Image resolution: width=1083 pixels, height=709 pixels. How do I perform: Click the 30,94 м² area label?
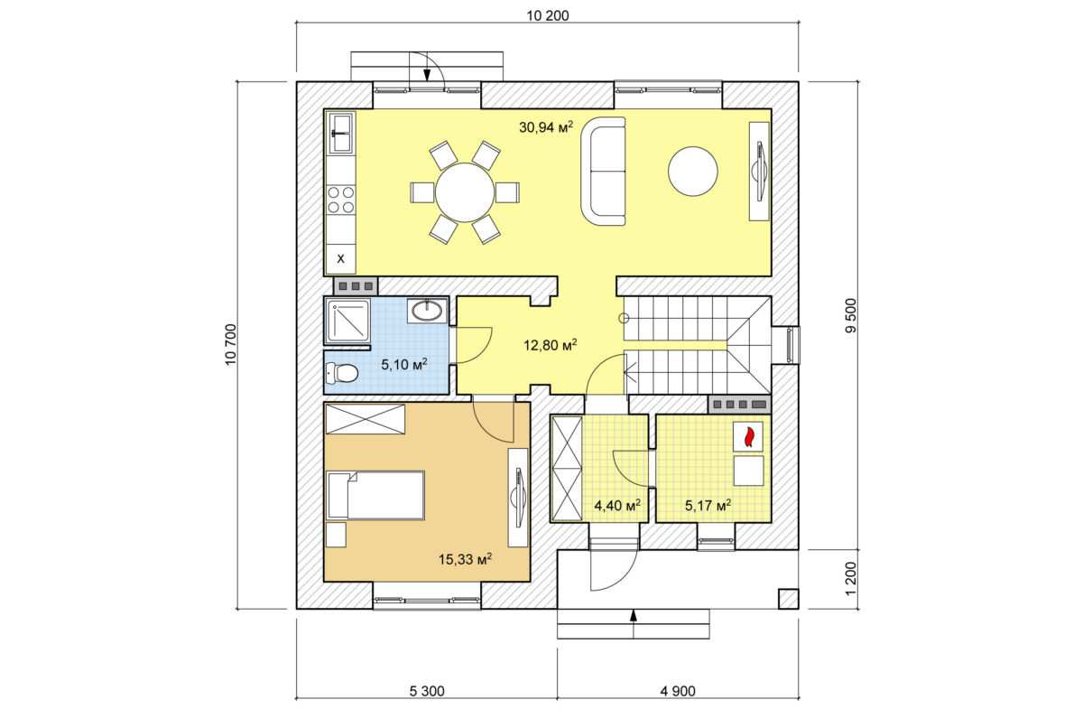click(546, 127)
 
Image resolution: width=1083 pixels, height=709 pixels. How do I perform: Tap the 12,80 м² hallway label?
click(551, 345)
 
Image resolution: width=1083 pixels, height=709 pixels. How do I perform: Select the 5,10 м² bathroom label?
click(404, 364)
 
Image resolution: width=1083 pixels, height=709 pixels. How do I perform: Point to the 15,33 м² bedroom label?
click(465, 559)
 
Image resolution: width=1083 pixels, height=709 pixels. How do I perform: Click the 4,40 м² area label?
click(617, 506)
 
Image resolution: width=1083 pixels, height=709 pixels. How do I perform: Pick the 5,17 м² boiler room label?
click(708, 506)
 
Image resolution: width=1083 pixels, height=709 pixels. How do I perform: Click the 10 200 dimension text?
click(547, 16)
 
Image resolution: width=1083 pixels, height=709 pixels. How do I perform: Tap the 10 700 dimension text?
click(231, 345)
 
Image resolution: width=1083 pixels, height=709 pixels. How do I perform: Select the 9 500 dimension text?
click(850, 315)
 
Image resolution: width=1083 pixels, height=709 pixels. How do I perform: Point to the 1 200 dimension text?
click(851, 579)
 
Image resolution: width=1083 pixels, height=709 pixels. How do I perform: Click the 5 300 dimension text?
click(427, 691)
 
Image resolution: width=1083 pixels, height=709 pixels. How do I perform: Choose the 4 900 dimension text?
click(678, 691)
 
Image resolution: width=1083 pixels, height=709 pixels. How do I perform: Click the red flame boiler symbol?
click(749, 436)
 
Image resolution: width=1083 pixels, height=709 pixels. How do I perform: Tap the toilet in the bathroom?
click(342, 373)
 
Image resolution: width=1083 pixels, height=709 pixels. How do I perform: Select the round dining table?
click(465, 192)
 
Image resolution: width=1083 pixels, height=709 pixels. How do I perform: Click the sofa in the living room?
click(603, 172)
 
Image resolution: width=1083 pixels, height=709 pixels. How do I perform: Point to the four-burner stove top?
click(341, 200)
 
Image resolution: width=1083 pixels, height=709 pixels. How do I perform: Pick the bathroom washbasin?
click(428, 310)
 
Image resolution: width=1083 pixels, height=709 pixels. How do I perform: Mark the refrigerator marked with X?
click(341, 258)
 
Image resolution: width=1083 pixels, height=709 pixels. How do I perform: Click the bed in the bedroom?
click(375, 495)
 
